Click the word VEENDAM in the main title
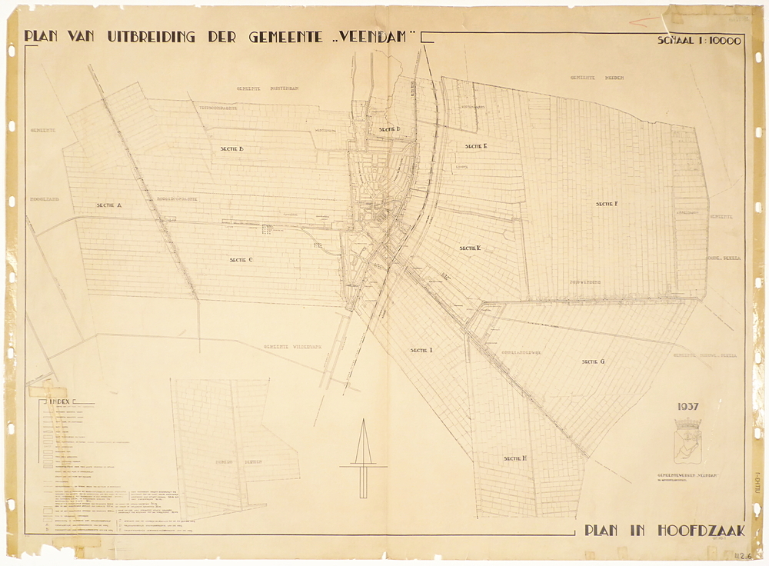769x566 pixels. tap(378, 37)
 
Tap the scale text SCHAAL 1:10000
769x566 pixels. tap(698, 42)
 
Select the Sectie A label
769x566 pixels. tap(109, 205)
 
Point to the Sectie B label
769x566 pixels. tap(231, 148)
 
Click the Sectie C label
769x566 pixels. tap(241, 260)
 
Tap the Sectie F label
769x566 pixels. tap(607, 204)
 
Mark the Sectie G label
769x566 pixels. tap(593, 361)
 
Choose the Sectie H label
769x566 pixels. tap(514, 458)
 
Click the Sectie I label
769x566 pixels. tap(421, 350)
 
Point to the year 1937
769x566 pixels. tap(687, 407)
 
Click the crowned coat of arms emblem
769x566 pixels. tap(687, 441)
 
